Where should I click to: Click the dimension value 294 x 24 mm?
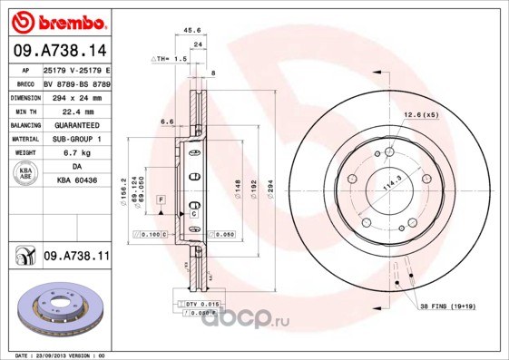pyautogui.click(x=73, y=95)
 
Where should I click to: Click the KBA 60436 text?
pyautogui.click(x=77, y=181)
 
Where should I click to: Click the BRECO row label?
pyautogui.click(x=25, y=83)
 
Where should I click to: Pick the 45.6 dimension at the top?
pyautogui.click(x=192, y=30)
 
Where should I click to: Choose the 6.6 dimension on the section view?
pyautogui.click(x=168, y=121)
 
